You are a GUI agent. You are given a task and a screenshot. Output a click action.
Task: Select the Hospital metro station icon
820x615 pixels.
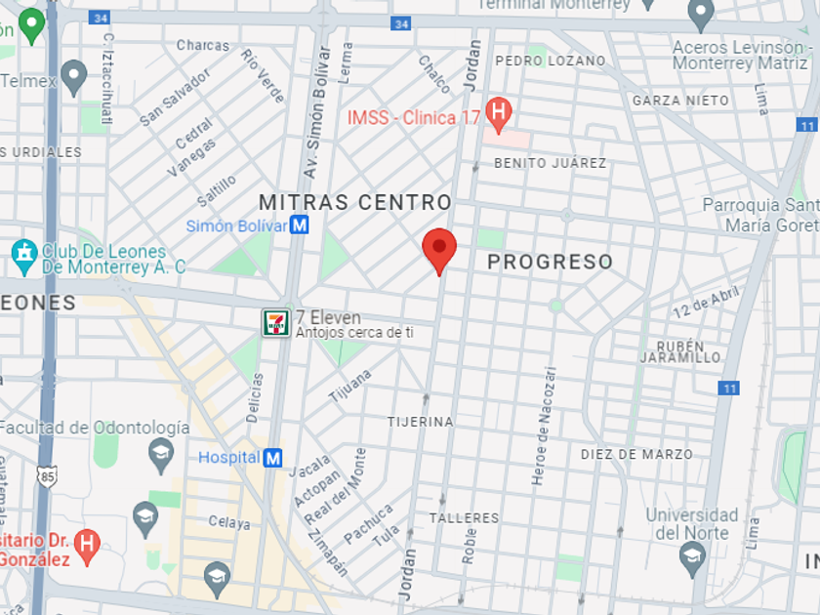tap(273, 457)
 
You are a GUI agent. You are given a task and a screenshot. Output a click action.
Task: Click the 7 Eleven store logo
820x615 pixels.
tap(275, 322)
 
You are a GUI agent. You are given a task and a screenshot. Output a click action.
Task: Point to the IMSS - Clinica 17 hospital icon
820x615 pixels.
tap(498, 115)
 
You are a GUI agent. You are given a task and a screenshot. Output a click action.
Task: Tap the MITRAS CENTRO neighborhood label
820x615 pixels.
tap(355, 202)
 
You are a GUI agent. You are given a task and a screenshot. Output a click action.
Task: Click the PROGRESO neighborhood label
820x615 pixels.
tap(550, 262)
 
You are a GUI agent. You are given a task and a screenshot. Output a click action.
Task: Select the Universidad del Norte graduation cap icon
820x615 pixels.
tap(692, 557)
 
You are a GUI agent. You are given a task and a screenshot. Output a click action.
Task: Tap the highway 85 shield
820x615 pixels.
tap(46, 476)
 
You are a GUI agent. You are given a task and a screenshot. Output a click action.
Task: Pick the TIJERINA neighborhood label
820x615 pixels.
tap(420, 422)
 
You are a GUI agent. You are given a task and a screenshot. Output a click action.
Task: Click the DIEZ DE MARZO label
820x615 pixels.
tap(636, 454)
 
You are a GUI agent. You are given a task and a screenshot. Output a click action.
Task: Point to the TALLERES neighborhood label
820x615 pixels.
tap(464, 517)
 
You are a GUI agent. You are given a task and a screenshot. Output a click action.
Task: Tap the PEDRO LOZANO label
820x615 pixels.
tap(551, 61)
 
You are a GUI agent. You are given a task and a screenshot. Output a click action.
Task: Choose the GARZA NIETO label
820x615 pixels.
tap(680, 101)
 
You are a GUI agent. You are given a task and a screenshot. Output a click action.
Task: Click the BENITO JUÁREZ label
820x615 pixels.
tap(550, 163)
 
